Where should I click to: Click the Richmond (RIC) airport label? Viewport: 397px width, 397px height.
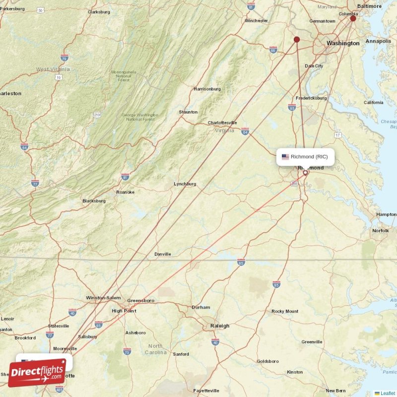[309, 157]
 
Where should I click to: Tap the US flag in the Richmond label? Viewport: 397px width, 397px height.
[285, 157]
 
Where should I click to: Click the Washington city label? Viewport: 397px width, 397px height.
[343, 43]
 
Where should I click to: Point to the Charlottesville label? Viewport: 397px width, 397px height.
[222, 123]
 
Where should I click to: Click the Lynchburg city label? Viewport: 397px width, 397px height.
[185, 184]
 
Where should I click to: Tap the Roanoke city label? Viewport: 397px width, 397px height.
[125, 192]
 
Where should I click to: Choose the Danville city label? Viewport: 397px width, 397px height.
[162, 254]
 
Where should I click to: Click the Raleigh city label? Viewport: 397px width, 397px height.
[219, 326]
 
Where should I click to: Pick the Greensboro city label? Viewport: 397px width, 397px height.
[141, 301]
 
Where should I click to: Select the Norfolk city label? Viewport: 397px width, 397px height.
[381, 231]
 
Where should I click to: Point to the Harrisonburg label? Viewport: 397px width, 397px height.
[207, 89]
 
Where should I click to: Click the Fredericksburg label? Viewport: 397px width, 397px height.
[311, 98]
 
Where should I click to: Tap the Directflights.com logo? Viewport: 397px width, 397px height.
[37, 373]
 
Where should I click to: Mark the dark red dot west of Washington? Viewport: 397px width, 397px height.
[297, 39]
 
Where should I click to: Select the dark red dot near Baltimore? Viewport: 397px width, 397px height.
[353, 18]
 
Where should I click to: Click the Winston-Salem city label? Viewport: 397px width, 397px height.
[103, 298]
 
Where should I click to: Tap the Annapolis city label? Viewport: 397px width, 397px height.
[378, 41]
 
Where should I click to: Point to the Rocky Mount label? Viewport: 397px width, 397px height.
[285, 311]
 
